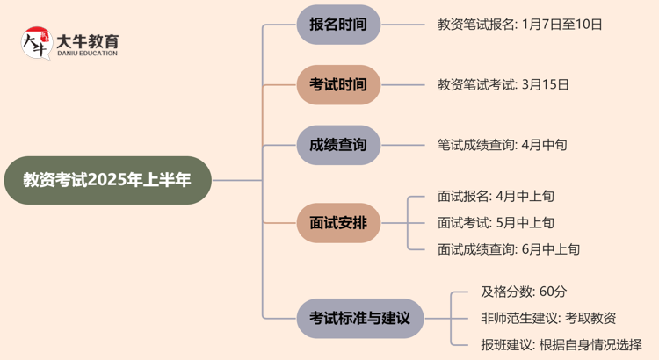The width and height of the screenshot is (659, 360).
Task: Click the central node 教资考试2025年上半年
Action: (x=106, y=180)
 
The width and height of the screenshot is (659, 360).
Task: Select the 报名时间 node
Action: (x=338, y=25)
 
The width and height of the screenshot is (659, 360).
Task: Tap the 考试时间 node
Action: (x=338, y=85)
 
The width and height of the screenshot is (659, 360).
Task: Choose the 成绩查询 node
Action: (x=338, y=145)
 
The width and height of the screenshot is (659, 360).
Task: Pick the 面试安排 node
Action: (x=338, y=223)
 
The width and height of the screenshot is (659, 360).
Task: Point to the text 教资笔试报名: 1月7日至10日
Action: (x=519, y=25)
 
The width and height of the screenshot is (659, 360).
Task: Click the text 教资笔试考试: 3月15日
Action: (x=503, y=85)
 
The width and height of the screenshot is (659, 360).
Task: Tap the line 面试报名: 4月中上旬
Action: (x=496, y=197)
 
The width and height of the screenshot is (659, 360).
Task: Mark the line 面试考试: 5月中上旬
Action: (x=496, y=223)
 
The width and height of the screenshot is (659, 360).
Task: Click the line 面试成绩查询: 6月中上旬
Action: (x=508, y=249)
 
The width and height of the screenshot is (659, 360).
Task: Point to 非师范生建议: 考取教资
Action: (x=548, y=318)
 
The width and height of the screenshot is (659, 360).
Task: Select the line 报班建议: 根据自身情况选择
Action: (x=561, y=344)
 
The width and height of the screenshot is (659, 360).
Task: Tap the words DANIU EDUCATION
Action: (x=86, y=54)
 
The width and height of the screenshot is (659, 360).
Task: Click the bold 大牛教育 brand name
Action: (x=87, y=40)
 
